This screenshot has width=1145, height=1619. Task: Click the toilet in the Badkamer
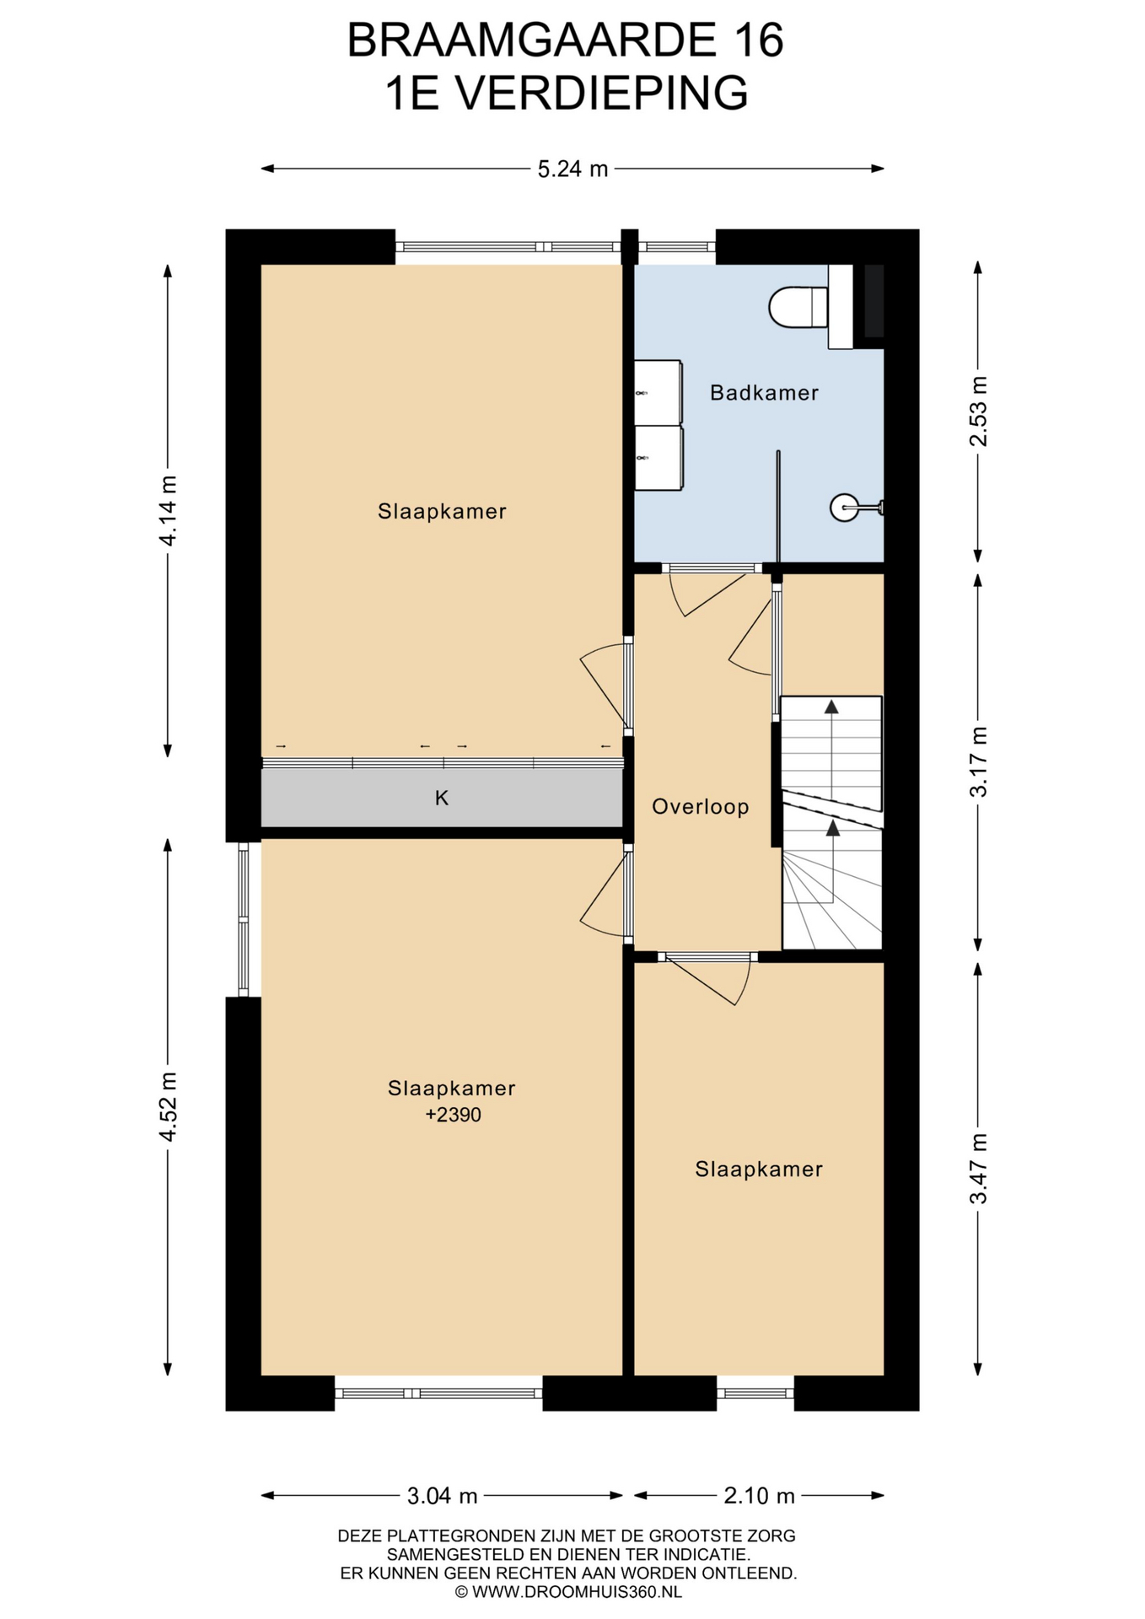798,307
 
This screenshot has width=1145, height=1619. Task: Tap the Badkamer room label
764,393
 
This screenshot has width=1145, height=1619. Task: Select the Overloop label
700,807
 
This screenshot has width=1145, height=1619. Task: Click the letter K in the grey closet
441,798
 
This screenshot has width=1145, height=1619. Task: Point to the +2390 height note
453,1115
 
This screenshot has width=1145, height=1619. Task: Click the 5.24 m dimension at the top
572,169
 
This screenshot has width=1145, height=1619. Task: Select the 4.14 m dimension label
169,510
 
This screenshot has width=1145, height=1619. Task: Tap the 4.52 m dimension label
169,1106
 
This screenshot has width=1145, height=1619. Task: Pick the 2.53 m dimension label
978,410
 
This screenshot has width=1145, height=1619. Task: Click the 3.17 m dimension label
978,761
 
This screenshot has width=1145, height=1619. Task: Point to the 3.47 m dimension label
978,1169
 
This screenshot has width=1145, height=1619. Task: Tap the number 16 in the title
756,40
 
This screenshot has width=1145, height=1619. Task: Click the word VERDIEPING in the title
602,93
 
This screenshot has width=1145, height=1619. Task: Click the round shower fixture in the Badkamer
843,508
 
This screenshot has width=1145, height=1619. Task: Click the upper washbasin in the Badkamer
658,393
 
